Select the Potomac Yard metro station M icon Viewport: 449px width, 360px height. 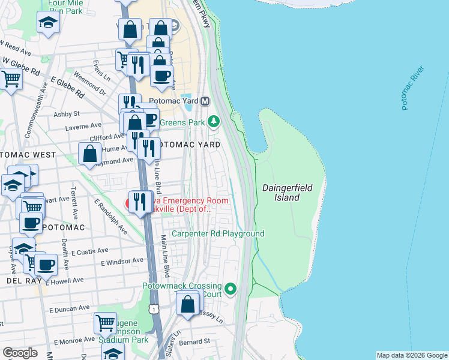pos(205,101)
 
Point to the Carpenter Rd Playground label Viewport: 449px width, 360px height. pos(218,233)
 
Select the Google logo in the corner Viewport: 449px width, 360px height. pos(20,352)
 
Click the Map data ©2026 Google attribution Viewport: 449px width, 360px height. pos(411,355)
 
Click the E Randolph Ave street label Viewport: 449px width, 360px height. pos(110,216)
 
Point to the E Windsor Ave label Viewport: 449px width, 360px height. pos(122,262)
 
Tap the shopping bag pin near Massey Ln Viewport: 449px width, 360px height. pos(188,304)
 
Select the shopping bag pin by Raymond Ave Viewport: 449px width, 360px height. pos(89,154)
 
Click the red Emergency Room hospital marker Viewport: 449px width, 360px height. pos(129,203)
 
